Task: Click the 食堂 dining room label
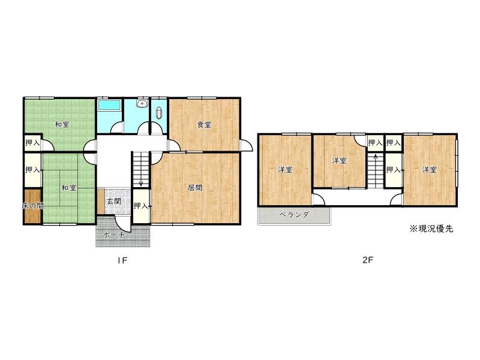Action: pos(204,125)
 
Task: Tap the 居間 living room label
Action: pos(194,187)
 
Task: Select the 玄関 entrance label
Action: pos(113,202)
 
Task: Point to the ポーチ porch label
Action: pos(113,235)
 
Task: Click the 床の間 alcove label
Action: pos(32,206)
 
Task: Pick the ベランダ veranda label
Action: pos(294,215)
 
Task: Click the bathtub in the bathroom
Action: pos(109,106)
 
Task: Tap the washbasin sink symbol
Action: pos(142,103)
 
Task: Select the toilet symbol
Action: pos(159,113)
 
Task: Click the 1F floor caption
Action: pos(122,260)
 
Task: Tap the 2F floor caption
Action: pos(368,260)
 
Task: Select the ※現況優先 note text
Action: pos(431,229)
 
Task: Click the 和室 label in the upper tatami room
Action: pos(62,125)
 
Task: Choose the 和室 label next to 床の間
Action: pos(69,188)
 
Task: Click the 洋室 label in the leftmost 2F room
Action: pos(285,170)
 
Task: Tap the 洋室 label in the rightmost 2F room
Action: pos(429,170)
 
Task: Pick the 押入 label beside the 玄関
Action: pos(141,206)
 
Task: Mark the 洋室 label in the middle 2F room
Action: pos(339,160)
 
